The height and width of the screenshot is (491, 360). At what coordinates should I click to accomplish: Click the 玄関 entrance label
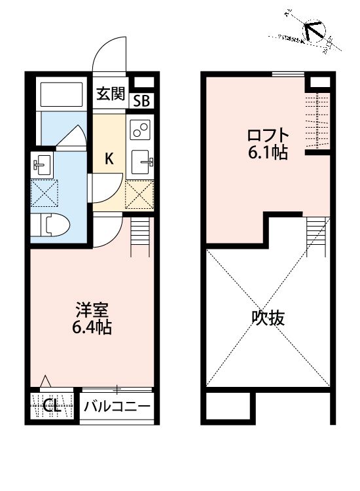(x=111, y=94)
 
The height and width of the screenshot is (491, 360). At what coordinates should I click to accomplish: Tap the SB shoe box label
(x=141, y=101)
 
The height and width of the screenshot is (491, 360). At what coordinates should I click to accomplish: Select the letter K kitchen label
(x=110, y=157)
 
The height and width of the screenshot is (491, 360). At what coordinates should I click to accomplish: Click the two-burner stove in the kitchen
(x=140, y=130)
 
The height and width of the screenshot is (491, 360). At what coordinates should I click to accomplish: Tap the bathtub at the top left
(x=62, y=95)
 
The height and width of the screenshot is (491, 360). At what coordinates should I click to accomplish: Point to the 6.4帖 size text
(x=91, y=327)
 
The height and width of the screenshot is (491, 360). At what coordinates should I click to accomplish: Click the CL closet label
(x=52, y=406)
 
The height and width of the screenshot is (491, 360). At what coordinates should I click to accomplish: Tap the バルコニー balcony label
(x=117, y=407)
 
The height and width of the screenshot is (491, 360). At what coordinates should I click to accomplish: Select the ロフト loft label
(x=267, y=136)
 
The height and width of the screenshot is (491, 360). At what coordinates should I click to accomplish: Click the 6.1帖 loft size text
(x=268, y=155)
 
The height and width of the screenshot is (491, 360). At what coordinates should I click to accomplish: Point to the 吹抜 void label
(x=268, y=318)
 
